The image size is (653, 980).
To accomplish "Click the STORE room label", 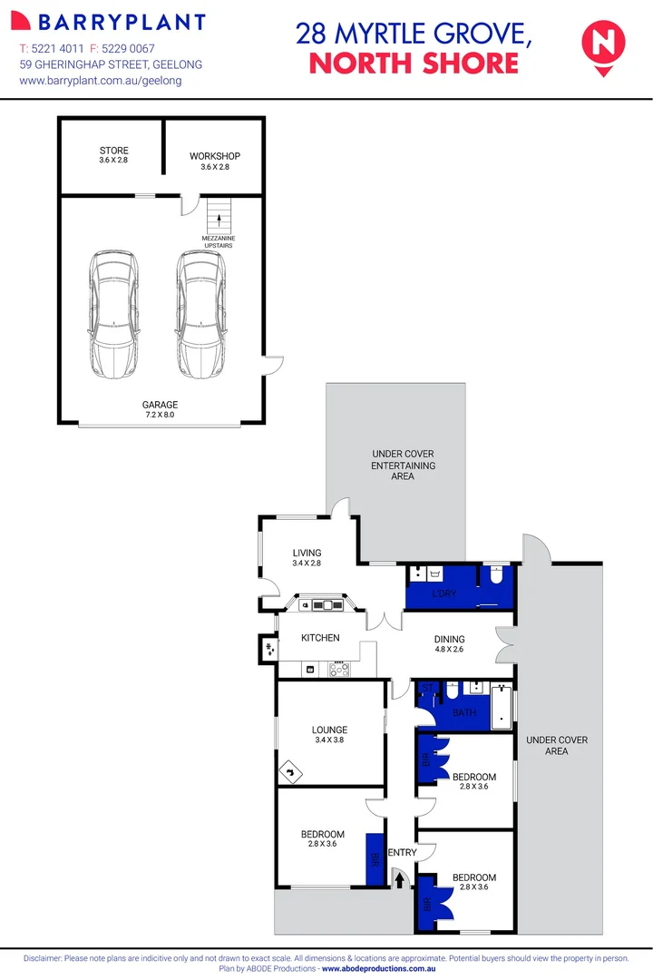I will (x=114, y=155).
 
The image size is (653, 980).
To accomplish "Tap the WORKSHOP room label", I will (x=215, y=161).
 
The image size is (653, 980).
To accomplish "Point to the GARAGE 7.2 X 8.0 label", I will (x=160, y=409).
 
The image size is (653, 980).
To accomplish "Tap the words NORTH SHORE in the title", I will (x=414, y=63).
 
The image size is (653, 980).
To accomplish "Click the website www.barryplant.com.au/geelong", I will (x=101, y=81).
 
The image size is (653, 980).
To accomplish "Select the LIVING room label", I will (x=307, y=558).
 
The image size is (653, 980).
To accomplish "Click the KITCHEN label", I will (x=320, y=638).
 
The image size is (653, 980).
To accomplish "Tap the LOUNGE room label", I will (x=329, y=734).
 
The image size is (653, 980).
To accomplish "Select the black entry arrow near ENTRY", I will (x=400, y=877).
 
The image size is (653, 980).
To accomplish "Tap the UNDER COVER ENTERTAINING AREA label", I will (x=403, y=465).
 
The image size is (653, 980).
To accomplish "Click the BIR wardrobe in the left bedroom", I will (x=373, y=858).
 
